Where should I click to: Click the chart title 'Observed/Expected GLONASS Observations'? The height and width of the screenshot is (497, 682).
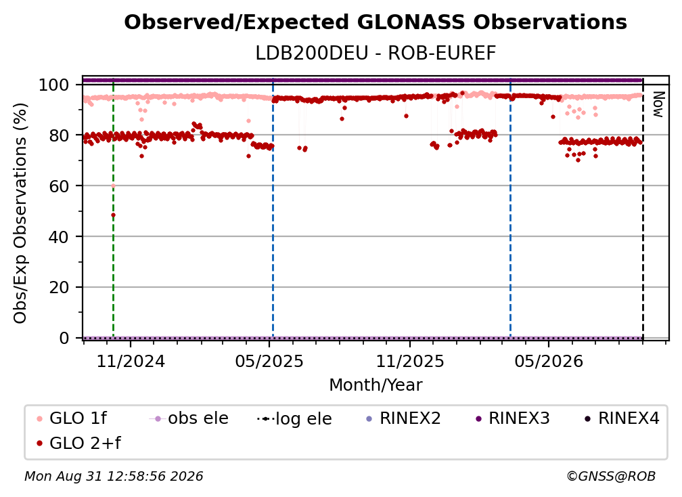pos(376,22)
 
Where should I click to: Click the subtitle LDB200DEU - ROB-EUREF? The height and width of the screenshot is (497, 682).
pos(376,53)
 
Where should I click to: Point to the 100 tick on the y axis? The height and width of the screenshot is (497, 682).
pos(53,85)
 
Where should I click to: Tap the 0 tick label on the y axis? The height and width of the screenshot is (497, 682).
pos(64,338)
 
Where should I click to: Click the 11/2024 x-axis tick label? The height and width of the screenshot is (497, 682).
pos(131,361)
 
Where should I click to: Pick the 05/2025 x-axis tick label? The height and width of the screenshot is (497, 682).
pos(269,361)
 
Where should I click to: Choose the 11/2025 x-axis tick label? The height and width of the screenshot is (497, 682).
pos(410,361)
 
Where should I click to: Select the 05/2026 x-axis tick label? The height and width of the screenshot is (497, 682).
pos(549,361)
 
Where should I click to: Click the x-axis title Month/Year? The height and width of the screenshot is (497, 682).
pos(376,385)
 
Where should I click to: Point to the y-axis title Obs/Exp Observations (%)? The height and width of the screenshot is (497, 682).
pos(20,213)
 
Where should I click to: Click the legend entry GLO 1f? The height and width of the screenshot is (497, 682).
pos(72,418)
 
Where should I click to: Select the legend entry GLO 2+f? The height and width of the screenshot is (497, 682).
pos(79,443)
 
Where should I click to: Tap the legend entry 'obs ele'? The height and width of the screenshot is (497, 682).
pos(189,418)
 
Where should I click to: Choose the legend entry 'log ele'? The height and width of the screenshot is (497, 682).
pos(294,418)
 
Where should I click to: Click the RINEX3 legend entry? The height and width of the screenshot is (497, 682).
pos(513,418)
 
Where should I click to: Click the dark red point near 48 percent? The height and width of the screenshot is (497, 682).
pos(113,215)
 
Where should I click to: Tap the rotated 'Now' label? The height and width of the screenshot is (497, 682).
pos(658,104)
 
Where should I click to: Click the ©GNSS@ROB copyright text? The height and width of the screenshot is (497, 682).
pos(611,477)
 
